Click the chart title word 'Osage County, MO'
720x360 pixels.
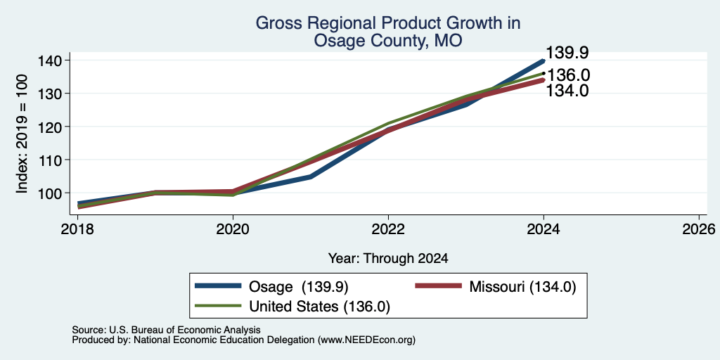[388, 41]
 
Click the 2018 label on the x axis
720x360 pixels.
[77, 229]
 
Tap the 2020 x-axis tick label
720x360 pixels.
[233, 229]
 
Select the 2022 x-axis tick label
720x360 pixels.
[388, 229]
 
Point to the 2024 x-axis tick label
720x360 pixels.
[544, 229]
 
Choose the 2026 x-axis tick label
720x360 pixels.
[699, 229]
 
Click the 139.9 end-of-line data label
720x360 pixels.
[567, 53]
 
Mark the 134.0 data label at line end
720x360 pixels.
[567, 91]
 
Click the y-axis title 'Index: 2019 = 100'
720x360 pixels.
[22, 134]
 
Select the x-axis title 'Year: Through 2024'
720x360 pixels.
[388, 259]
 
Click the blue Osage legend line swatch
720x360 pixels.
[218, 286]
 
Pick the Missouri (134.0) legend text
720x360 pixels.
[522, 287]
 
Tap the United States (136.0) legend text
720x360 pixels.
[320, 307]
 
